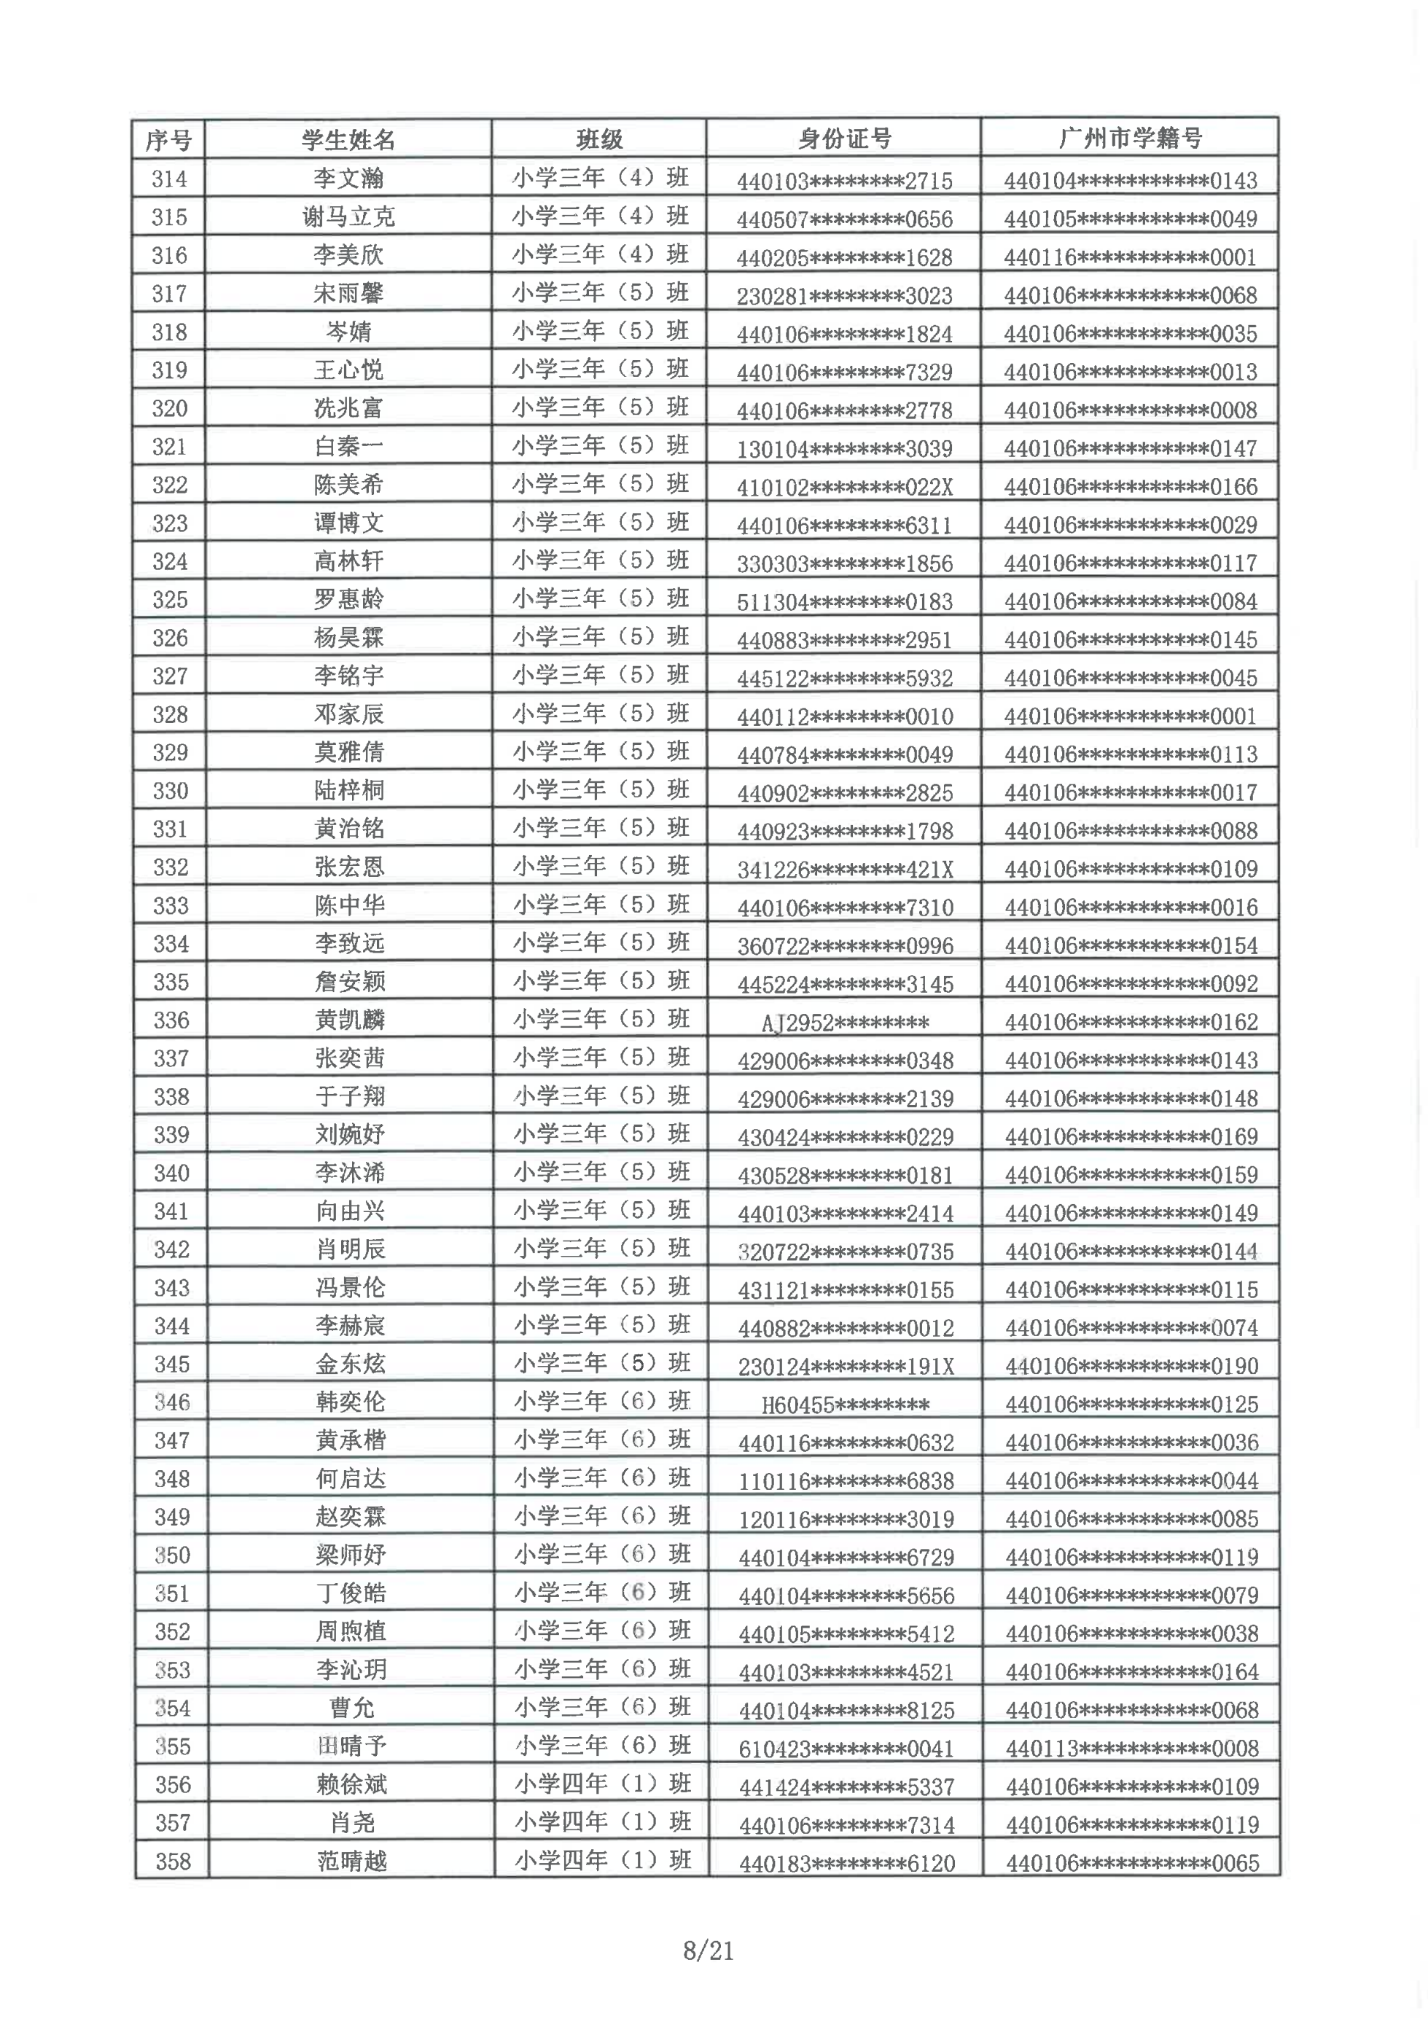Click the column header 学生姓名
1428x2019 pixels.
(348, 140)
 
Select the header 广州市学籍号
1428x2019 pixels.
(1130, 138)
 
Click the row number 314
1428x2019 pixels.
(169, 179)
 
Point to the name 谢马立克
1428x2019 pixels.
(348, 217)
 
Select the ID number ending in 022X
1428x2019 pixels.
(844, 487)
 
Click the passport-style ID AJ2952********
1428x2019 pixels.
(845, 1023)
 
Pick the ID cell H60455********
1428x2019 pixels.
(845, 1405)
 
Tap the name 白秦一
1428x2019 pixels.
(348, 447)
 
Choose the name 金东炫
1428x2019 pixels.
(350, 1364)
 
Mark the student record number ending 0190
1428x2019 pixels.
(1131, 1367)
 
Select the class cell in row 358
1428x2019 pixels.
(602, 1862)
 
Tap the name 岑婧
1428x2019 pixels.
(348, 332)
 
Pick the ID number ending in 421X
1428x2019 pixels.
(845, 870)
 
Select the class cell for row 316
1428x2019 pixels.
(601, 255)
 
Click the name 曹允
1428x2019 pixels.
(351, 1708)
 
